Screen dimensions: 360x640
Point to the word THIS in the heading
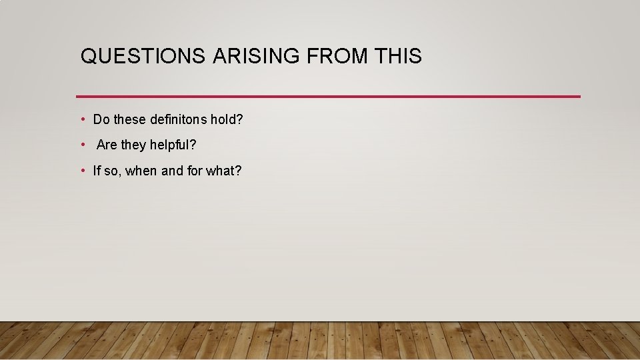(398, 57)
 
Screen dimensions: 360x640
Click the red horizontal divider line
(328, 97)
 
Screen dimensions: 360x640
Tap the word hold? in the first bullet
(227, 120)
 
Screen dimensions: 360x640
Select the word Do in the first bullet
(101, 120)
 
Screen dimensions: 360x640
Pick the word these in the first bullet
(130, 120)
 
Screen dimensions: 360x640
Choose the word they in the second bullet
(133, 145)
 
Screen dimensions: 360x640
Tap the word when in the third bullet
(141, 171)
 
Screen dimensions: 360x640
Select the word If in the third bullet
(97, 171)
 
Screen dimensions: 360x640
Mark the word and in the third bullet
(172, 171)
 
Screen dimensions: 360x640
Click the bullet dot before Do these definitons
(82, 120)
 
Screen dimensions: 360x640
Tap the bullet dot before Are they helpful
(82, 145)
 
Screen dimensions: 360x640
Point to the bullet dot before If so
(82, 171)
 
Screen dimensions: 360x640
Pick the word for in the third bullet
(195, 171)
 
